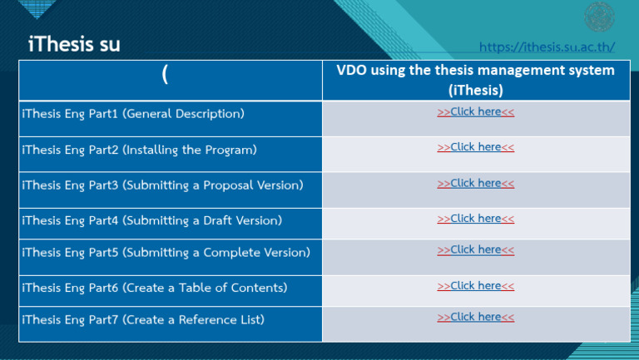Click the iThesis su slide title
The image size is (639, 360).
[x=74, y=44]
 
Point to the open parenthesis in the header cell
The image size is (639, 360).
[x=165, y=76]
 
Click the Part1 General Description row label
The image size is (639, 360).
[x=133, y=113]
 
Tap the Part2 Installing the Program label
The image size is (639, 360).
[x=139, y=150]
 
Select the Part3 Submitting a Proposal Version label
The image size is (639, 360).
[x=162, y=185]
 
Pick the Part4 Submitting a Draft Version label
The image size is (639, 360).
[x=151, y=220]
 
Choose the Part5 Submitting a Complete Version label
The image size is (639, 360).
[x=166, y=252]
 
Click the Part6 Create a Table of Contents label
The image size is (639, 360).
[x=154, y=288]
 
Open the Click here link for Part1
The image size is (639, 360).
[x=475, y=111]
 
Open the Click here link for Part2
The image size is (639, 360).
[x=475, y=147]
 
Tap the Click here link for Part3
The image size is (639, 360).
[x=475, y=183]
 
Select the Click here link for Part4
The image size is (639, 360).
[x=475, y=219]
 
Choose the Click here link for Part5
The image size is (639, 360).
[x=475, y=249]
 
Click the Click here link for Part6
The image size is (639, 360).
[x=475, y=286]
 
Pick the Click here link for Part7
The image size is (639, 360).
[x=475, y=317]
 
